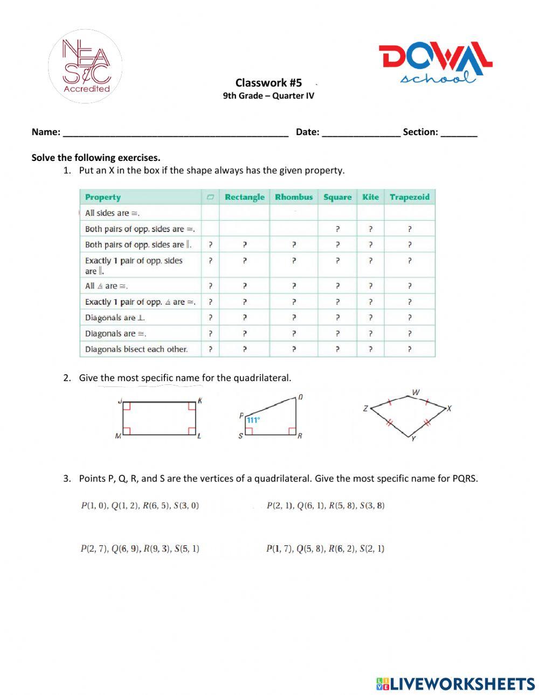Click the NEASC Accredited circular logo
click(85, 66)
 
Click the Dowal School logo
click(435, 63)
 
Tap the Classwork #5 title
click(268, 82)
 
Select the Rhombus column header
click(294, 197)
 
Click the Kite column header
click(370, 197)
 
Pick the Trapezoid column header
click(410, 197)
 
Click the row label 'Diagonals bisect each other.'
click(136, 349)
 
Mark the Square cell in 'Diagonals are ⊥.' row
click(337, 318)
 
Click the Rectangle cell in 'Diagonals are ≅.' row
click(245, 334)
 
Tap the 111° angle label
click(253, 420)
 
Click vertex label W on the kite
click(416, 392)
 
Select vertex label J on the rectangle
click(120, 401)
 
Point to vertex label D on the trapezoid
click(300, 397)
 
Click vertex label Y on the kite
click(413, 439)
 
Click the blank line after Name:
click(176, 132)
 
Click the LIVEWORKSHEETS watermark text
click(462, 684)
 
